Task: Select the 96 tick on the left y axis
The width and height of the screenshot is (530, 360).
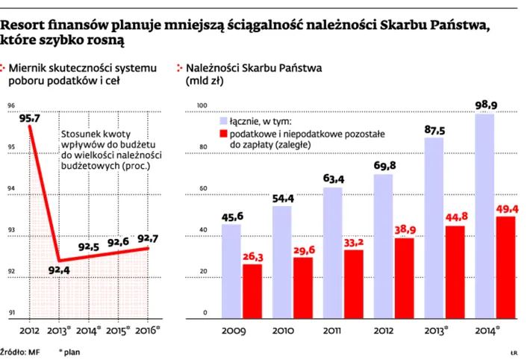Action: click(11, 105)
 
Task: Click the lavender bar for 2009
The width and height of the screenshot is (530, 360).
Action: click(232, 269)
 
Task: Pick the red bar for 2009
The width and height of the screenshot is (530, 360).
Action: click(252, 289)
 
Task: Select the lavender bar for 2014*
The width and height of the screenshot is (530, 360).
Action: click(485, 214)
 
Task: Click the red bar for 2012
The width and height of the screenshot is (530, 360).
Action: click(405, 276)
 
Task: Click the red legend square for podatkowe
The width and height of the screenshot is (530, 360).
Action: click(225, 133)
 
